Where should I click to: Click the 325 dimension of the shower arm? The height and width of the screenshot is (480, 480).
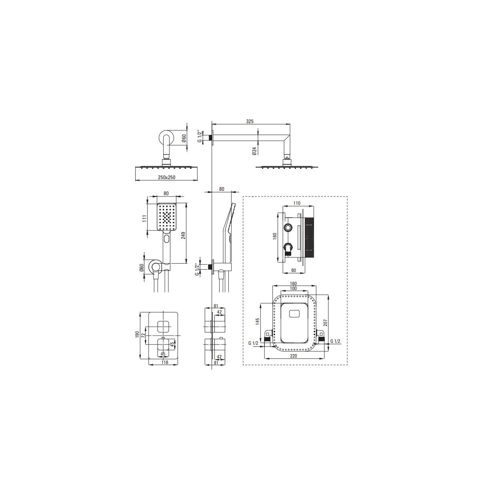tap(250, 121)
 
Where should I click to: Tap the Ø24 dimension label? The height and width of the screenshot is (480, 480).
tap(254, 151)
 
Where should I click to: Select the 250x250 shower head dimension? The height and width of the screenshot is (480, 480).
tap(167, 177)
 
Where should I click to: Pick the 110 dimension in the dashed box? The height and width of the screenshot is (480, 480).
tap(297, 203)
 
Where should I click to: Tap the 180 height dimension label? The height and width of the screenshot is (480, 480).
tap(275, 236)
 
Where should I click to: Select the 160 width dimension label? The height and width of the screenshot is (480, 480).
tap(294, 284)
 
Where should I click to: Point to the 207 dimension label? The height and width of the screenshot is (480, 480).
tap(325, 322)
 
